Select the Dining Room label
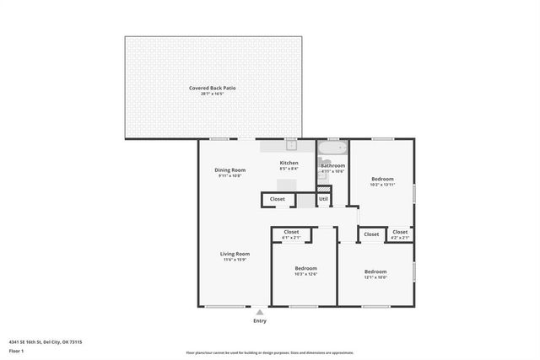[x=229, y=169]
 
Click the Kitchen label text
[x=289, y=162]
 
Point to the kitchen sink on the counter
[x=290, y=144]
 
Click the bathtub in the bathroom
[x=332, y=148]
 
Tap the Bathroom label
[x=332, y=165]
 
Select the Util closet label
[x=323, y=199]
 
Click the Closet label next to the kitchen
[x=277, y=199]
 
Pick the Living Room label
[x=235, y=253]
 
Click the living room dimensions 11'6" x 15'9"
[x=235, y=260]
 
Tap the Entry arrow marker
[x=260, y=312]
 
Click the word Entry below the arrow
[x=260, y=321]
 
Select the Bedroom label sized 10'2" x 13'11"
[x=382, y=178]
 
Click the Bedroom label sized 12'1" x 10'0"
[x=375, y=271]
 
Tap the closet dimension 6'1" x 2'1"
[x=291, y=238]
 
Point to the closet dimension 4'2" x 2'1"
[x=400, y=238]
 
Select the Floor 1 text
[x=16, y=350]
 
